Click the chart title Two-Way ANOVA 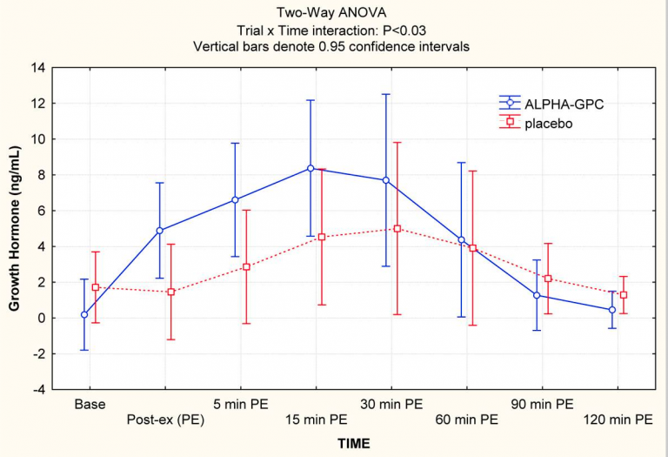[x=334, y=11]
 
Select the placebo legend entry [x=548, y=124]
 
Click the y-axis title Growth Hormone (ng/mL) [x=15, y=228]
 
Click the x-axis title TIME [x=354, y=443]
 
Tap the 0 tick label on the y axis [x=39, y=319]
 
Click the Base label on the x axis [x=90, y=405]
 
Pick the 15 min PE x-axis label [x=314, y=419]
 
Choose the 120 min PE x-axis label [x=618, y=419]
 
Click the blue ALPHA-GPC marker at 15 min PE [x=311, y=168]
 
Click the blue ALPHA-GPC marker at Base [x=83, y=315]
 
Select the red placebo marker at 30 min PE [x=397, y=229]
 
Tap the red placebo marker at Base [x=96, y=287]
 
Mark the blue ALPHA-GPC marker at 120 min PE [x=612, y=310]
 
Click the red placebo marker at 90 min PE [x=548, y=279]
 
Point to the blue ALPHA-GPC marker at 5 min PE [x=235, y=200]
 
